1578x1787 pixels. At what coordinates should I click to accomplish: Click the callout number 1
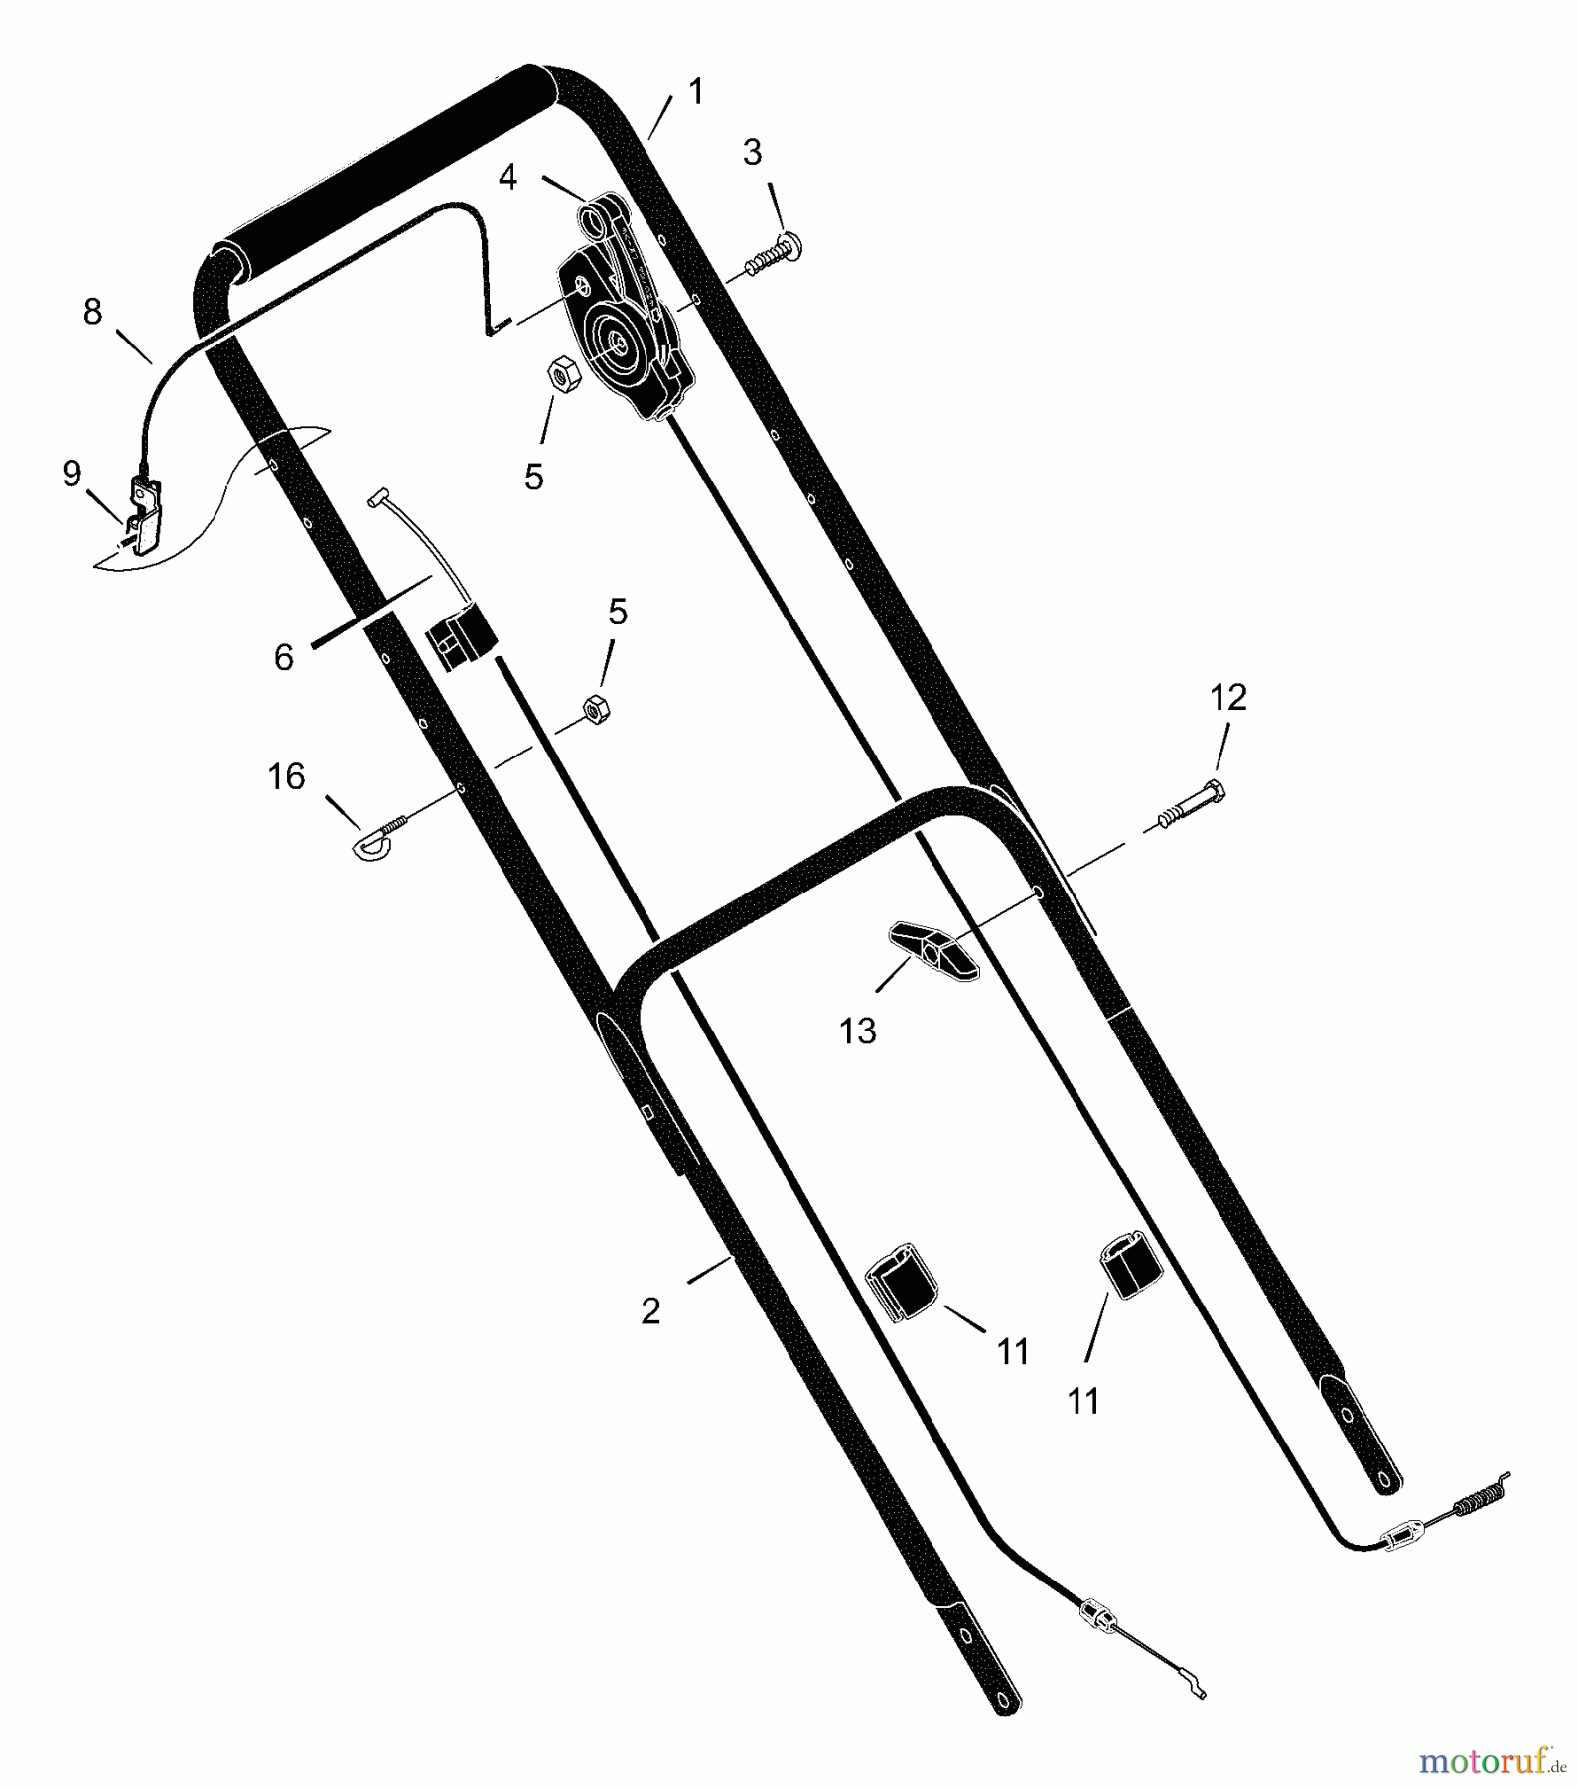pyautogui.click(x=696, y=91)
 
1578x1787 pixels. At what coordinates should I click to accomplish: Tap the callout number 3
pyautogui.click(x=753, y=152)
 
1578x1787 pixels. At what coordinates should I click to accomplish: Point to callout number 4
pyautogui.click(x=507, y=178)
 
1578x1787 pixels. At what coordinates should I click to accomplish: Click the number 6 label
pyautogui.click(x=284, y=657)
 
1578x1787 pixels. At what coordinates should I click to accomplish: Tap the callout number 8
pyautogui.click(x=92, y=312)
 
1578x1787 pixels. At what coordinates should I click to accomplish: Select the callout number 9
pyautogui.click(x=72, y=474)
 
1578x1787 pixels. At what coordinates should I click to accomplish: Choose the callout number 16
pyautogui.click(x=286, y=776)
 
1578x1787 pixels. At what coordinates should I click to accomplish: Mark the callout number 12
pyautogui.click(x=1228, y=697)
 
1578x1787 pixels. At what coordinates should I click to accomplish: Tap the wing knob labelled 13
pyautogui.click(x=932, y=950)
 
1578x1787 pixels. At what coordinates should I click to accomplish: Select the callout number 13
pyautogui.click(x=858, y=1031)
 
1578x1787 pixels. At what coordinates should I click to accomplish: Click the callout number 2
pyautogui.click(x=650, y=1311)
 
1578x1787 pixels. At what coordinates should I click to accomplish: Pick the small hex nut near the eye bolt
pyautogui.click(x=595, y=709)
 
